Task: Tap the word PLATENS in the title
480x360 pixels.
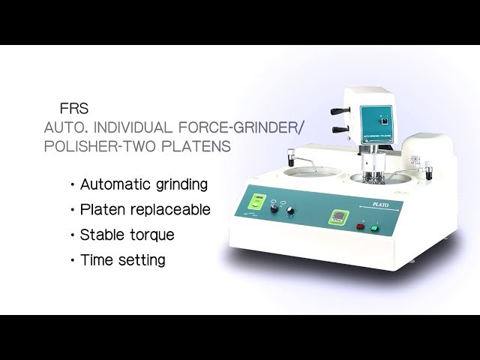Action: point(191,145)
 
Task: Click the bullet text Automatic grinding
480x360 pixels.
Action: point(143,184)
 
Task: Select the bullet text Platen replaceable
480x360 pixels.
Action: point(145,210)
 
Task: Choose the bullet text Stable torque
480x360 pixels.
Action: point(127,235)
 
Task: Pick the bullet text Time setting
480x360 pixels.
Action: point(122,261)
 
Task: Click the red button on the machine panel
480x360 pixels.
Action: point(360,224)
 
